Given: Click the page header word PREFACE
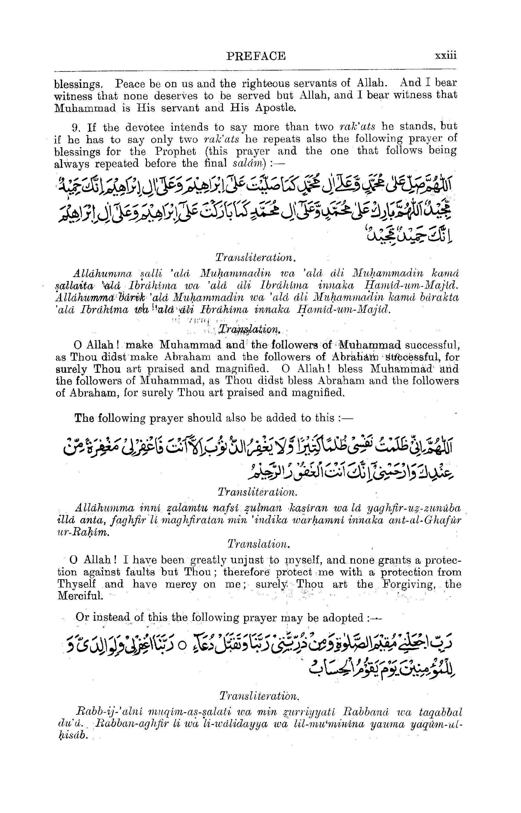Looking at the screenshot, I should (256, 56).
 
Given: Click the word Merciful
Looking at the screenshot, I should (80, 596).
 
